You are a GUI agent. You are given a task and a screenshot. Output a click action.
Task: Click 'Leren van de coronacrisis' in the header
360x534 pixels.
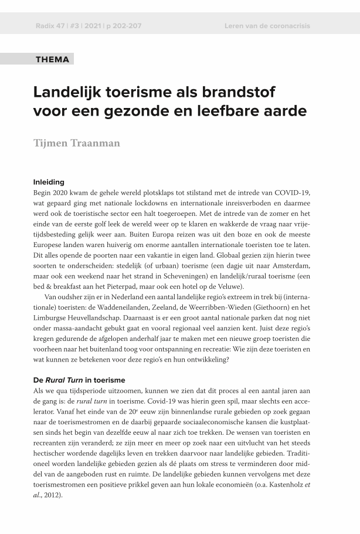coord(267,26)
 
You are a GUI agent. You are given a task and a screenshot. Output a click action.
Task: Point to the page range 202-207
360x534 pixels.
coord(127,26)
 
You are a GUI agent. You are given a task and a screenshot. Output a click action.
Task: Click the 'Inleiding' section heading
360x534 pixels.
coord(49,182)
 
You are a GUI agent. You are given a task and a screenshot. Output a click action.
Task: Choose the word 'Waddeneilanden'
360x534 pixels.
coord(111,308)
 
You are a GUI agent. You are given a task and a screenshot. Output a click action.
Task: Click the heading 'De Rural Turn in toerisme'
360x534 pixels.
coord(79,380)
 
